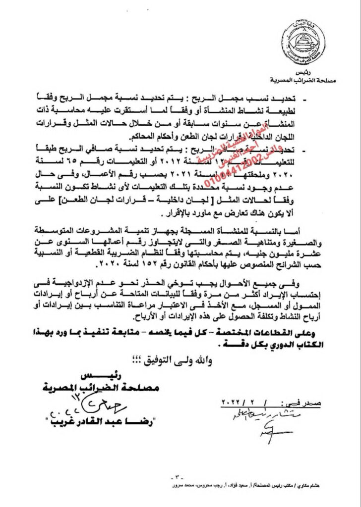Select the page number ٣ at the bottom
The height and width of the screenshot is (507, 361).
[180, 478]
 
